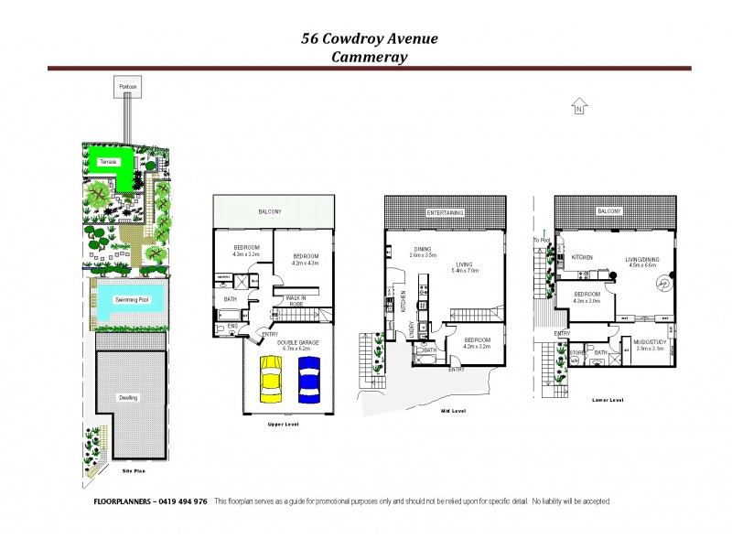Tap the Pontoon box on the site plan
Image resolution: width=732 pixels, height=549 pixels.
pyautogui.click(x=126, y=88)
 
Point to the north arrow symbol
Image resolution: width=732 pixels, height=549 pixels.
pyautogui.click(x=578, y=107)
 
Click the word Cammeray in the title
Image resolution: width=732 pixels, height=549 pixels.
pyautogui.click(x=370, y=56)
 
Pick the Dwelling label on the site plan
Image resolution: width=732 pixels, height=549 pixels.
pyautogui.click(x=128, y=398)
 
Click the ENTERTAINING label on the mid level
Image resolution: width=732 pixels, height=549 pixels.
pyautogui.click(x=445, y=212)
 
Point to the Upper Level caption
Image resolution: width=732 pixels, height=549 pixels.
pyautogui.click(x=280, y=425)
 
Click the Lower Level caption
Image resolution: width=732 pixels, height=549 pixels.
pyautogui.click(x=608, y=400)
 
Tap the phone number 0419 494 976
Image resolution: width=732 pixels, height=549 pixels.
pyautogui.click(x=183, y=501)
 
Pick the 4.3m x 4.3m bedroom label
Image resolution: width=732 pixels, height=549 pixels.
pyautogui.click(x=304, y=260)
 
